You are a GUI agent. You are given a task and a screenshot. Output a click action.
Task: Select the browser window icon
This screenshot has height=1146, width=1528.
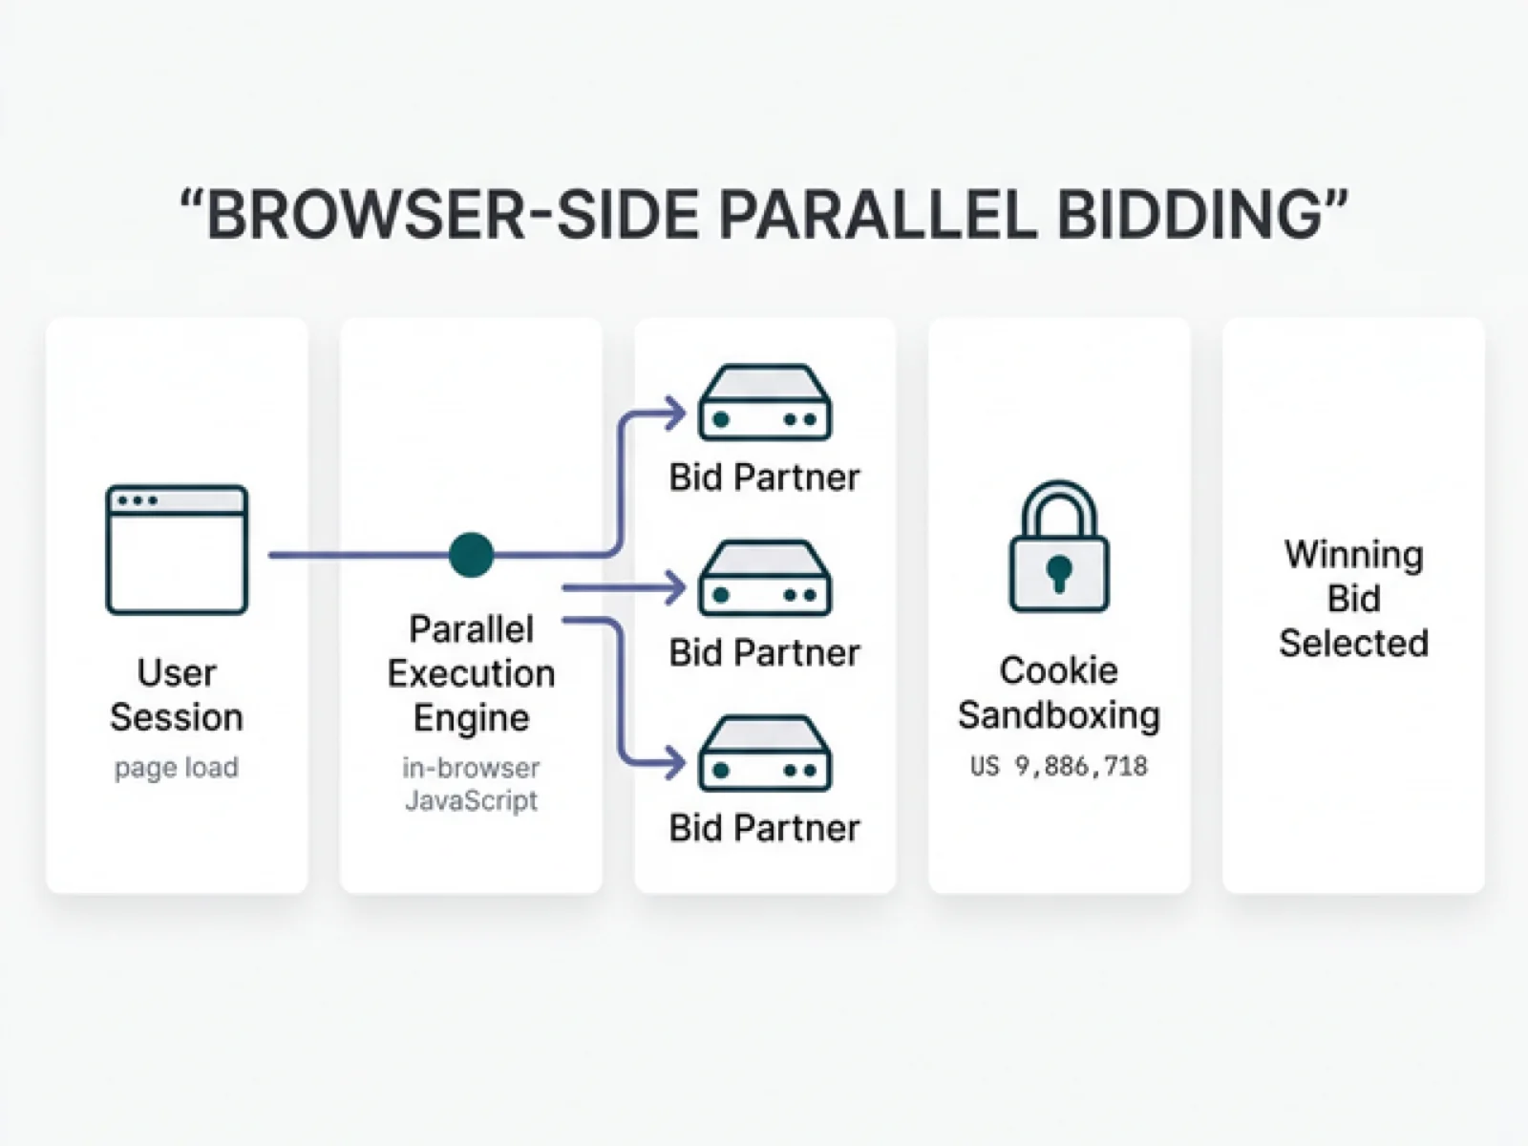pos(177,550)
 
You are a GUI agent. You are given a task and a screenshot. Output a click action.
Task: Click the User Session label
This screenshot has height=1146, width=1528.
pos(177,695)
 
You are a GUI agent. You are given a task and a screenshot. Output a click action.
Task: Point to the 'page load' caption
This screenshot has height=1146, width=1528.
pos(177,768)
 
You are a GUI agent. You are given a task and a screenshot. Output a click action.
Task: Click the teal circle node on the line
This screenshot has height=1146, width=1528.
pos(471,555)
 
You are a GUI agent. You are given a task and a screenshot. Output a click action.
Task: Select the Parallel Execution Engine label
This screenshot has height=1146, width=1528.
pos(471,673)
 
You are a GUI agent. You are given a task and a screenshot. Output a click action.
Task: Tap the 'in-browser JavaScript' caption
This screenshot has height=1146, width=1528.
pos(471,784)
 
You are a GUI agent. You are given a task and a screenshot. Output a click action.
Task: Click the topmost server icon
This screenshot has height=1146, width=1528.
pos(765,403)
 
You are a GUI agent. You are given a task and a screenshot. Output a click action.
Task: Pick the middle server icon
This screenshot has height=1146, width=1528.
pos(765,579)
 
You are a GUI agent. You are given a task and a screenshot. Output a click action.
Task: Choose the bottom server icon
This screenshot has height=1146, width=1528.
pos(765,754)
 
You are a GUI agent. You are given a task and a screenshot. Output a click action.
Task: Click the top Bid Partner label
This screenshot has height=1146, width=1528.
pos(765,477)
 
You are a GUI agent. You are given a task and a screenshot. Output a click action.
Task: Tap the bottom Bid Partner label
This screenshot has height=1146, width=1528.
pos(765,828)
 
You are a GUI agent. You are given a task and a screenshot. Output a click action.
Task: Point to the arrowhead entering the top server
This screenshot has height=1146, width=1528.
pos(677,414)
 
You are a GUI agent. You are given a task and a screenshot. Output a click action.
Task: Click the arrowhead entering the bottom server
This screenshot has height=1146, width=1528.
pos(677,762)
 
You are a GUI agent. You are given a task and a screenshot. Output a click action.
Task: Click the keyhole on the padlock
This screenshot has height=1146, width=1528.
pos(1059,573)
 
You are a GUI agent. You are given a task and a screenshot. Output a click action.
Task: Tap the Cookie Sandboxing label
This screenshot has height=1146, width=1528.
pos(1059,692)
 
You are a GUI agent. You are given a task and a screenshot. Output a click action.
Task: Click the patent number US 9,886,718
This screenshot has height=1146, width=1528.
pos(1059,766)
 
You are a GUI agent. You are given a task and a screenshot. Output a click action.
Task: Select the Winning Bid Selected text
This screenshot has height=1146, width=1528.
pos(1353,599)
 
